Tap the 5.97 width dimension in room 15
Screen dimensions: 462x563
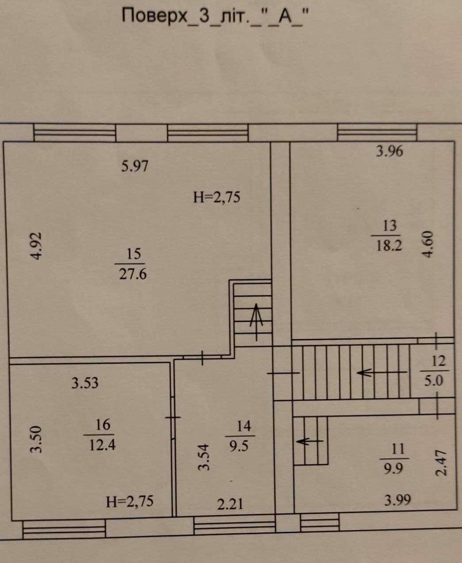pos(134,166)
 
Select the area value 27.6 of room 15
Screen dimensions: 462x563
pos(133,274)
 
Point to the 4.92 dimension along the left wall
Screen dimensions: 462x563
pos(36,246)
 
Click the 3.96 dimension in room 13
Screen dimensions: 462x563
pos(389,151)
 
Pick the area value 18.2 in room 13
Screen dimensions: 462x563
pos(389,245)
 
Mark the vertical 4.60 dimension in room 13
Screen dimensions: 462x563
pos(428,244)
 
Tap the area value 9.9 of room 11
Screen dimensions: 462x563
pos(393,468)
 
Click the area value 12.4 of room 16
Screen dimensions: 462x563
pos(102,445)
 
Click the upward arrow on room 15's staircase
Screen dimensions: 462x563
pos(256,322)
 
